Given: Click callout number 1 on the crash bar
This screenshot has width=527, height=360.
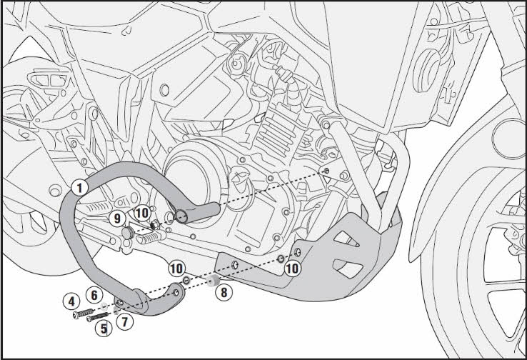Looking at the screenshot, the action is point(80,188).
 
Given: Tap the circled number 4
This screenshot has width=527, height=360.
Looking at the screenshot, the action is point(71,301).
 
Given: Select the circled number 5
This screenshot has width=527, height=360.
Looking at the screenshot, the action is point(104,329).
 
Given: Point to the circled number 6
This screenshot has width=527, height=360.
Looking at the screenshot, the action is point(94,295).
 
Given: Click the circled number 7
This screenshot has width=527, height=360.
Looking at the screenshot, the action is point(125,322).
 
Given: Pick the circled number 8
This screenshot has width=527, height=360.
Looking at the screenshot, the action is point(224,292).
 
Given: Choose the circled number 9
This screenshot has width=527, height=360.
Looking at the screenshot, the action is point(117,219).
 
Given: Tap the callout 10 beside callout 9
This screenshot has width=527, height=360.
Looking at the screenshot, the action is point(142,213).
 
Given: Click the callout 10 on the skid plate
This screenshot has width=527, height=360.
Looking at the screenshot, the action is point(292,269).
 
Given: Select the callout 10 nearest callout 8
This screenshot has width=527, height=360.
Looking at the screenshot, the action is point(176,269).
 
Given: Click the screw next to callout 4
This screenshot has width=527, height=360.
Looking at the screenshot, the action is point(83,314).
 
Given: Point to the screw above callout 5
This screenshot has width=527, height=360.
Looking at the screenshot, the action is point(98,316).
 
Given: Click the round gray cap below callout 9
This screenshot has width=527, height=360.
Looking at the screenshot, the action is point(128,233).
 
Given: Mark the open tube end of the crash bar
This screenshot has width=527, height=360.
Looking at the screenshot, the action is point(182,214).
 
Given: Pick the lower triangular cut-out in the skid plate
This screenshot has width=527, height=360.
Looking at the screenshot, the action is point(348,268).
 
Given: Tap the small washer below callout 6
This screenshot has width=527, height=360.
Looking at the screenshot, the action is point(104,306).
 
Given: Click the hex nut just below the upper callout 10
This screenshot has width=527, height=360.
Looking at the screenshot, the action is point(155,224).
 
